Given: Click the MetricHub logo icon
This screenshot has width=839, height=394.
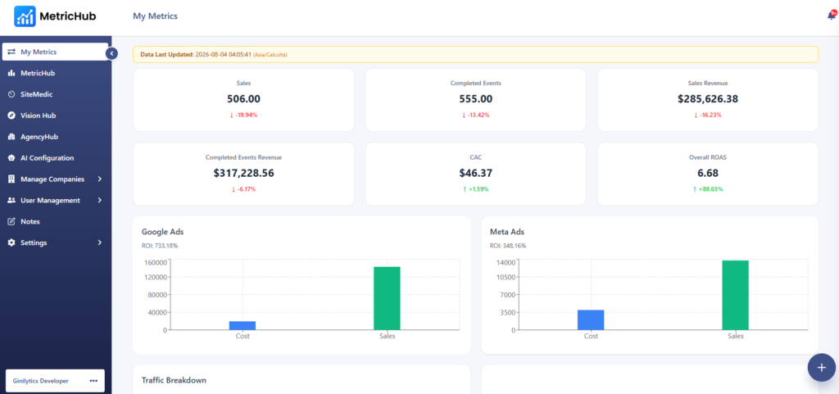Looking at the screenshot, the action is point(25,16).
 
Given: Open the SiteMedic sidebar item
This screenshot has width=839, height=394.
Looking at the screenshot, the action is point(36,94).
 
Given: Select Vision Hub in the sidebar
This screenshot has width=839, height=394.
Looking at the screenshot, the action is point(38,115).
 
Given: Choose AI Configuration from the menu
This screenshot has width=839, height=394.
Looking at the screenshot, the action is point(47,158).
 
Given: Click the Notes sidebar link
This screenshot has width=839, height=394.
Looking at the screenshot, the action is point(30,221).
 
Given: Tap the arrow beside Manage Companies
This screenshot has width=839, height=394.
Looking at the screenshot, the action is point(100,179).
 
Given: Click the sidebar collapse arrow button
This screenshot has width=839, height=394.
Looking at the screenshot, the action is point(111,53).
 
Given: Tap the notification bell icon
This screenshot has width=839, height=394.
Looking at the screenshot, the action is point(831,16).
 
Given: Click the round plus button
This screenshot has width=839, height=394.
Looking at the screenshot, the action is point(822,368).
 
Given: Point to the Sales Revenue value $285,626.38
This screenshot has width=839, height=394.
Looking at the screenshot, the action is point(707,99).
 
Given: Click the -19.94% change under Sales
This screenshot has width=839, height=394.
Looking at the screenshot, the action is point(243,115).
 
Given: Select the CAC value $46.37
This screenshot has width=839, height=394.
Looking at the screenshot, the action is point(476,173).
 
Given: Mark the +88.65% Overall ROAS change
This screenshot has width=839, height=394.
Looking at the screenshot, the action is point(707,189).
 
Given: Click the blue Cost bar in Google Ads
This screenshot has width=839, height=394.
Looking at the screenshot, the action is point(243,325).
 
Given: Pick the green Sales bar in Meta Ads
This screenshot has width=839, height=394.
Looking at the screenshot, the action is point(735,295).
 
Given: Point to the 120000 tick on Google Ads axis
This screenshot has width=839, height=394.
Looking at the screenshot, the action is point(155,277).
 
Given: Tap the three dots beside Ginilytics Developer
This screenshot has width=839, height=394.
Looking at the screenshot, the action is point(93,381).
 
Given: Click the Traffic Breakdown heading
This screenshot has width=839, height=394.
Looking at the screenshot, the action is point(174,380).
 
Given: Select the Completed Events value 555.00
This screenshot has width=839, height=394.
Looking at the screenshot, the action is point(476,99).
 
